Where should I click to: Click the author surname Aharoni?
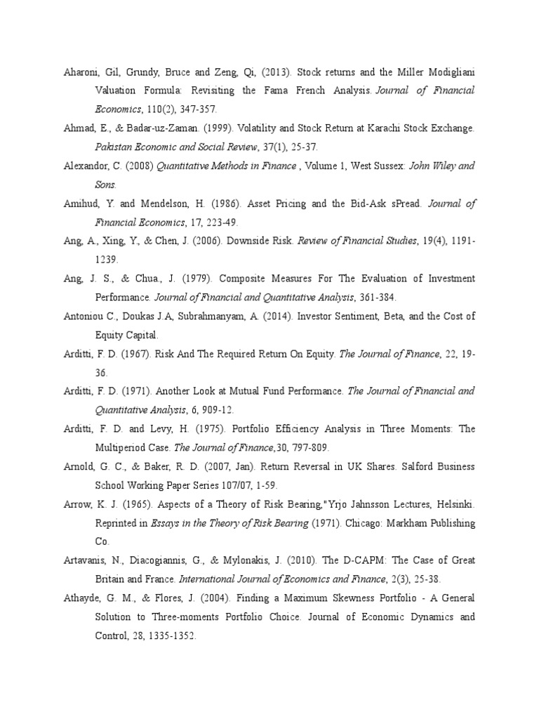(79, 72)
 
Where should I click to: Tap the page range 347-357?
(199, 110)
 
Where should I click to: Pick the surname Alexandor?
(82, 166)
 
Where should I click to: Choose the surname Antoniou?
(81, 317)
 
